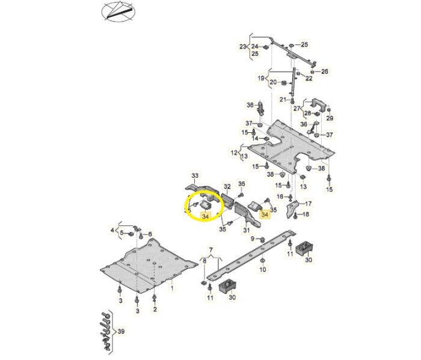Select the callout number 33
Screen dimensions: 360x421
click(194, 175)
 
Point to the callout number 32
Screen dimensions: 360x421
click(227, 187)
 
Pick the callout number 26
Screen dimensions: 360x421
click(325, 72)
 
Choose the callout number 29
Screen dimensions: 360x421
click(329, 118)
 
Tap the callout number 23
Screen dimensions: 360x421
click(243, 46)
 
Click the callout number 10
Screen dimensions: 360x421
click(262, 270)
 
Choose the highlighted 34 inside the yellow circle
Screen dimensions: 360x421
click(206, 215)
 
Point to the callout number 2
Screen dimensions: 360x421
click(155, 309)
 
